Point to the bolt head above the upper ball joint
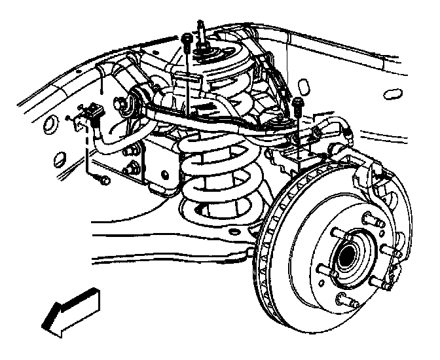pyautogui.click(x=299, y=103)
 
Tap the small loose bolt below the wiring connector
pyautogui.click(x=103, y=178)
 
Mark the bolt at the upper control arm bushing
pyautogui.click(x=122, y=102)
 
